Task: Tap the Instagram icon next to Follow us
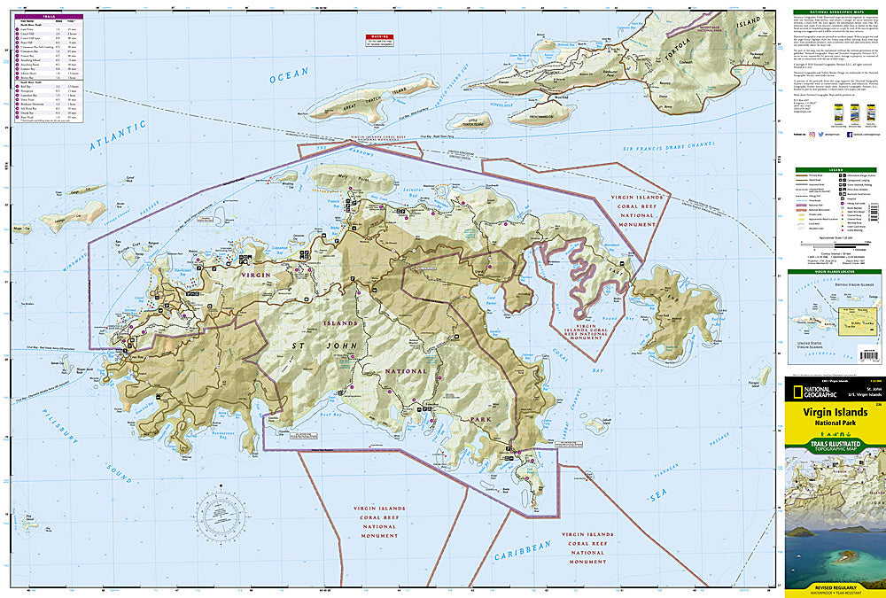811,136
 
